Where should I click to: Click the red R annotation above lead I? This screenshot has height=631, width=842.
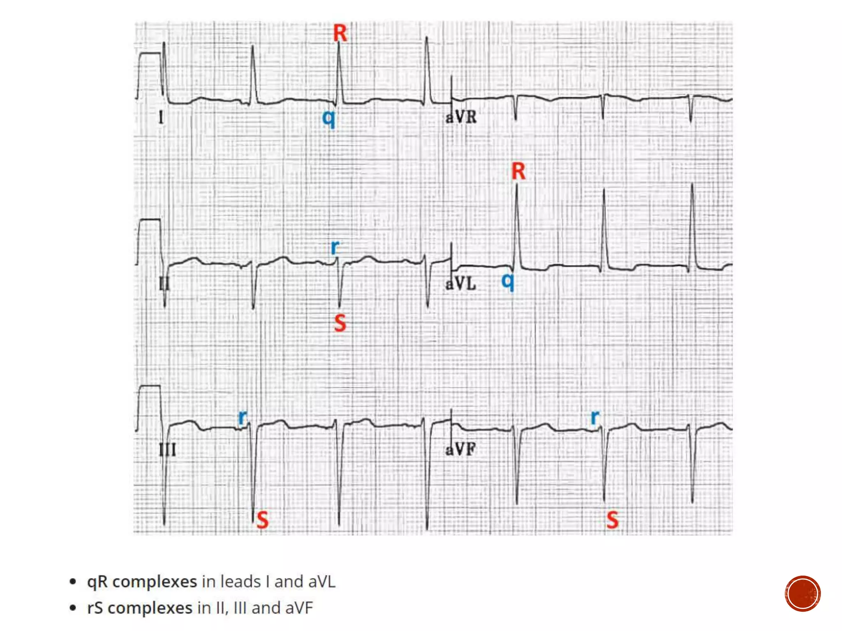(x=340, y=33)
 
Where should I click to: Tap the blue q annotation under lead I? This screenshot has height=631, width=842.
(x=328, y=119)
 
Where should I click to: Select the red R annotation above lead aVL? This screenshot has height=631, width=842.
(x=518, y=171)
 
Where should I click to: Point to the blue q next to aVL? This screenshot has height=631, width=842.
(x=508, y=281)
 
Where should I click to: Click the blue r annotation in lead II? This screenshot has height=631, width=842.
(x=335, y=247)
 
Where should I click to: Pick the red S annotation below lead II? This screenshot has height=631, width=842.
(x=340, y=323)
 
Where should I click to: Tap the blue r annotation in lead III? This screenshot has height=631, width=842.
(x=243, y=418)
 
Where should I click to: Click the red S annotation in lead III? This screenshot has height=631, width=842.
(x=262, y=520)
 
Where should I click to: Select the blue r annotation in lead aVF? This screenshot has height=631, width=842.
(x=594, y=418)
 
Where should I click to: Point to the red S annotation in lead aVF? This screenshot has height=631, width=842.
(x=613, y=520)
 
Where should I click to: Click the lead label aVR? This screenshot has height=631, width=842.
(x=461, y=117)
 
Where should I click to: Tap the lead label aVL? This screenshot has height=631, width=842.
(x=461, y=284)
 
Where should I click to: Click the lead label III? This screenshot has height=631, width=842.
(x=168, y=450)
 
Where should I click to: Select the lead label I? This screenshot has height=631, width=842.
(x=161, y=118)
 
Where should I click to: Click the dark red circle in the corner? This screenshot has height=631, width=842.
(x=802, y=594)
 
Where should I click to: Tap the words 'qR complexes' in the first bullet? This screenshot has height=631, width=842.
(x=142, y=582)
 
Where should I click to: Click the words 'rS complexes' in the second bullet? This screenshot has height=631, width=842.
(x=140, y=608)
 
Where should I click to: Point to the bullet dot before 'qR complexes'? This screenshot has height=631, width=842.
(x=73, y=582)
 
